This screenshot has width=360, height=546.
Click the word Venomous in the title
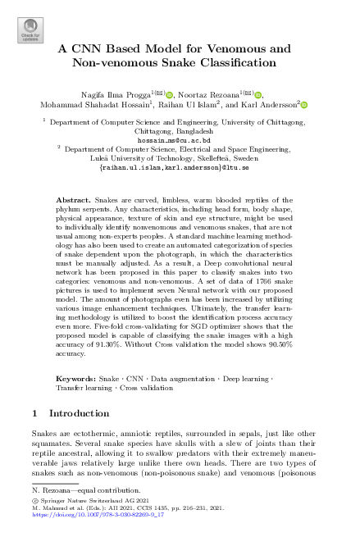(x=226, y=48)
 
